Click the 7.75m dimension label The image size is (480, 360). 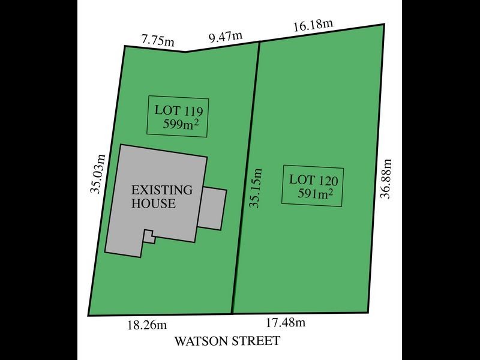158,41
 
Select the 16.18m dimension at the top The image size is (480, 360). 313,25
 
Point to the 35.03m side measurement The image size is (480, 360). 98,174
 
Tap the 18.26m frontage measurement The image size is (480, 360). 146,325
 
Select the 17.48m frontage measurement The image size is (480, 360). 286,323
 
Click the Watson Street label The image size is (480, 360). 227,341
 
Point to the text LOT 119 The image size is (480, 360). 178,110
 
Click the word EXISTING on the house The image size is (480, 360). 163,190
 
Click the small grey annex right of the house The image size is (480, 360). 212,208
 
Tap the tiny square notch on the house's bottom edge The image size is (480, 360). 149,236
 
